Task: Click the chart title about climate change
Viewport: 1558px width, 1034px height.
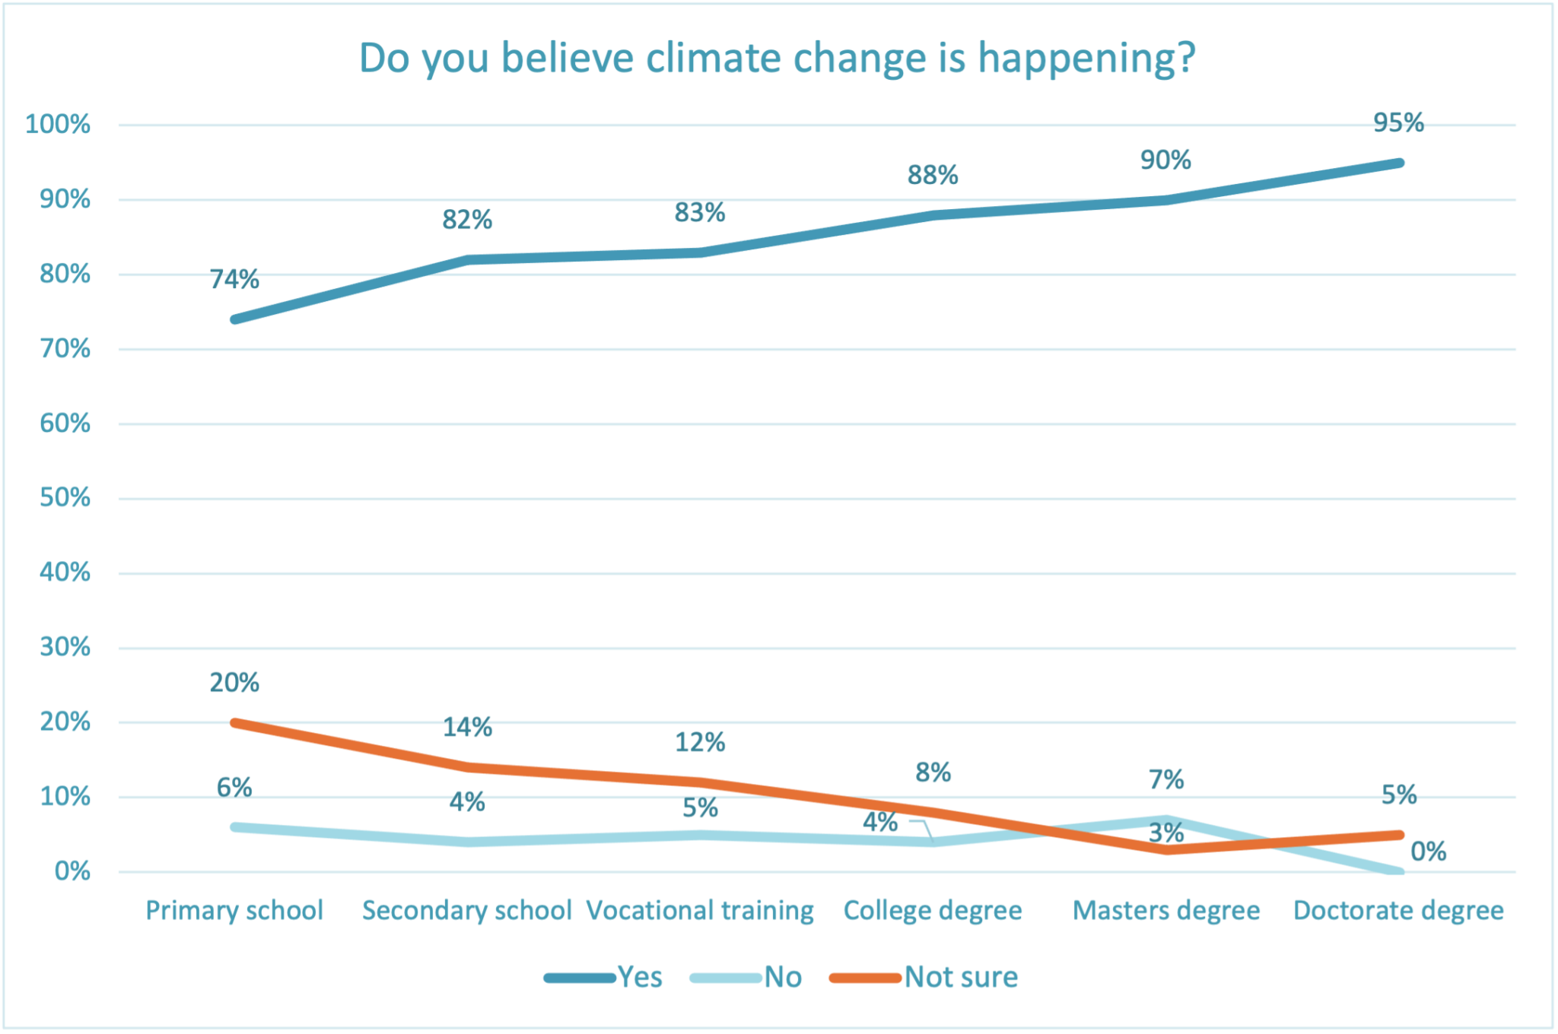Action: coord(777,59)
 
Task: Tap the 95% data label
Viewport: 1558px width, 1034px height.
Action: coord(1398,122)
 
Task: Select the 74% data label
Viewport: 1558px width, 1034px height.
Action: coord(234,280)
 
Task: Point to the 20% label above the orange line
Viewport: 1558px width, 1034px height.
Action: coord(234,683)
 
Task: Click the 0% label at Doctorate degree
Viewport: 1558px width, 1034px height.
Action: coord(1428,852)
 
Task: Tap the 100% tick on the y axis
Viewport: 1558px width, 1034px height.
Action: coord(58,124)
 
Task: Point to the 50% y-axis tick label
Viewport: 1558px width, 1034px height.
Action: coord(65,498)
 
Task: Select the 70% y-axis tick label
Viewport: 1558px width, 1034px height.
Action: coord(65,349)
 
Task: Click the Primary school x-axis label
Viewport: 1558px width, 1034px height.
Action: coord(234,910)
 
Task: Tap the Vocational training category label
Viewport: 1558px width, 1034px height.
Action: coord(700,910)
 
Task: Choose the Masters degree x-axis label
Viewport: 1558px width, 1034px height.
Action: coord(1165,910)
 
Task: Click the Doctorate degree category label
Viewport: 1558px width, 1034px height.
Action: coord(1398,910)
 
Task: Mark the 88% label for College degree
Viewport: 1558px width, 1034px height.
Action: coord(933,176)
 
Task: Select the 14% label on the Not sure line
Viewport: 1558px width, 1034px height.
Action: coord(467,728)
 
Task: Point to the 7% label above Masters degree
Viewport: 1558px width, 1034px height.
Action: coord(1166,779)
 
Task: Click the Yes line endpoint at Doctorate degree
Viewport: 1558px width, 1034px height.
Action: coord(1398,163)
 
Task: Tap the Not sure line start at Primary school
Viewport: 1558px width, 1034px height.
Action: coord(236,722)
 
